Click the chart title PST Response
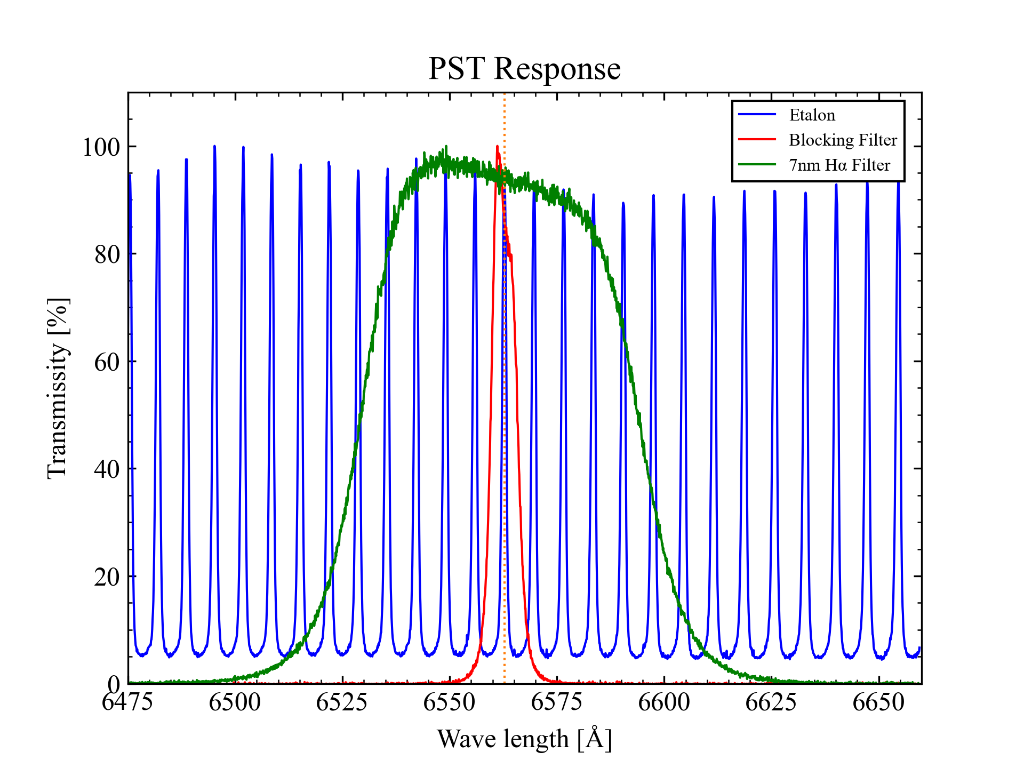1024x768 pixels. pos(524,69)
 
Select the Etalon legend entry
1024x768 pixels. pos(812,115)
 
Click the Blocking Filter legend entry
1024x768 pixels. pos(843,140)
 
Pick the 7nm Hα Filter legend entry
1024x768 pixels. pos(839,165)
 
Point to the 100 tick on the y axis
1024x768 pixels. pos(101,147)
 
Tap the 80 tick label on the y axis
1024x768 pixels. pos(107,254)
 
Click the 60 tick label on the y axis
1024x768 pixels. pos(107,362)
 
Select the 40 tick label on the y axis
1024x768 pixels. pos(107,469)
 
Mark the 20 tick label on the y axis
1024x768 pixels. pos(107,577)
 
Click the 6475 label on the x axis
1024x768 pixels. pos(127,702)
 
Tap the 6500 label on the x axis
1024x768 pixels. pos(235,702)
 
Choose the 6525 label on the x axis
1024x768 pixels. pos(342,702)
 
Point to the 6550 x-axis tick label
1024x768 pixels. pos(449,702)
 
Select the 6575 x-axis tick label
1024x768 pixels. pos(557,702)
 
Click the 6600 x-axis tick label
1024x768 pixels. pos(664,702)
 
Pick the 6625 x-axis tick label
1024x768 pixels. pos(771,702)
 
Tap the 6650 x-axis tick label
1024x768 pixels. pos(878,702)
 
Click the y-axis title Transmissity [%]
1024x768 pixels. pos(58,388)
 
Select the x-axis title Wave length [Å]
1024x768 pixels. pos(524,739)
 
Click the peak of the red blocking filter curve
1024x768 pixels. pos(497,147)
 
